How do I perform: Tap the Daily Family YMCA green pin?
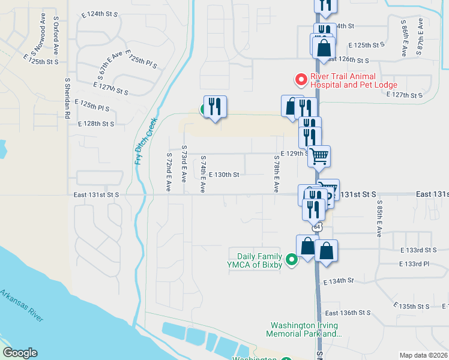pyautogui.click(x=292, y=260)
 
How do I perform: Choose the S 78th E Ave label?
pyautogui.click(x=276, y=175)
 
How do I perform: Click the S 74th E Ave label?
pyautogui.click(x=203, y=175)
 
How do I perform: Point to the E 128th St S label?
pyautogui.click(x=96, y=124)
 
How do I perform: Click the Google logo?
pyautogui.click(x=20, y=353)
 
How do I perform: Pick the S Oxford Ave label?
pyautogui.click(x=55, y=35)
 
